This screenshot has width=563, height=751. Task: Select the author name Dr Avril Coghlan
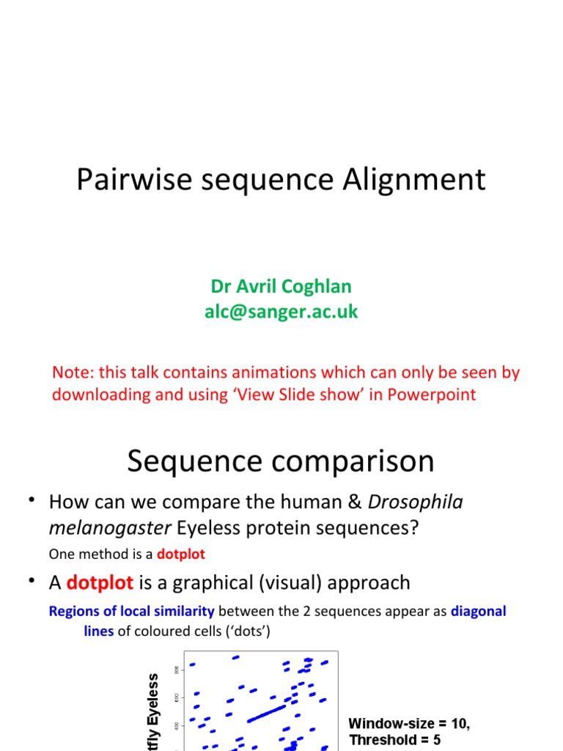(x=281, y=286)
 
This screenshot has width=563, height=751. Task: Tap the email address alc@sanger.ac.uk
(x=281, y=312)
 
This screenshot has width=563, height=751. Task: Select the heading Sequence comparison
(x=281, y=461)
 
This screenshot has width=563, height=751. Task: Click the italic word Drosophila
(x=415, y=502)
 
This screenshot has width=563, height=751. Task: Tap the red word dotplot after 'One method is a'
(x=181, y=555)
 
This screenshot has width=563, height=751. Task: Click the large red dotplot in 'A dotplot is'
(x=99, y=583)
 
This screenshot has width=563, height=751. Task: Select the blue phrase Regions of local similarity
(x=131, y=611)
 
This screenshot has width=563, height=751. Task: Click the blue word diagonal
(x=478, y=611)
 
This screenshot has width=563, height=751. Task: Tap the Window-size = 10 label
(x=408, y=724)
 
